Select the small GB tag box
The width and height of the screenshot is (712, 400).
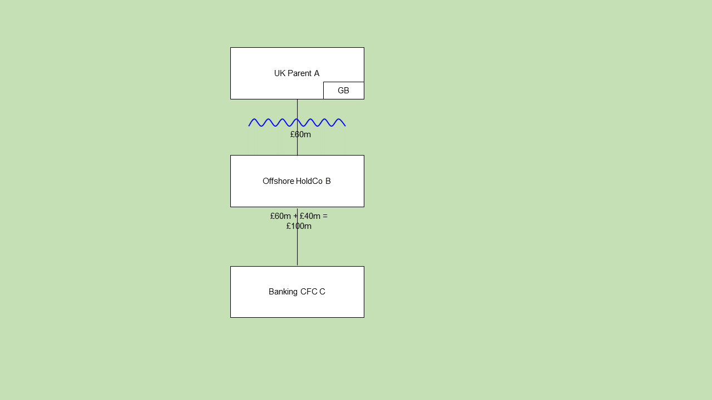(x=343, y=91)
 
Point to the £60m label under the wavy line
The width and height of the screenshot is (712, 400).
(x=300, y=134)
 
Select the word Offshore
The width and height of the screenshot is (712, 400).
(x=278, y=181)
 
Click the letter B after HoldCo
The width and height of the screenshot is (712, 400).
(x=328, y=181)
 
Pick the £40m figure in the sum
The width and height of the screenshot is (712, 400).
(x=310, y=216)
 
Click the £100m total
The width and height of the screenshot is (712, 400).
(x=299, y=226)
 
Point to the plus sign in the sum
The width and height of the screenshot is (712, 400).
(x=295, y=216)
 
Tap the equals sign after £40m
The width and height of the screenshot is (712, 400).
(x=325, y=216)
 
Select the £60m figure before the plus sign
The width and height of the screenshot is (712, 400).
(x=280, y=216)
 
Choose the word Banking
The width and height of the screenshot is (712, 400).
(x=283, y=292)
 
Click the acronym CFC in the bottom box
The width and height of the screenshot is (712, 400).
(x=309, y=292)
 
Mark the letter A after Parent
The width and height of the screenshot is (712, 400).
(x=317, y=73)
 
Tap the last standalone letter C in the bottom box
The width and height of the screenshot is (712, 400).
(x=322, y=292)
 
